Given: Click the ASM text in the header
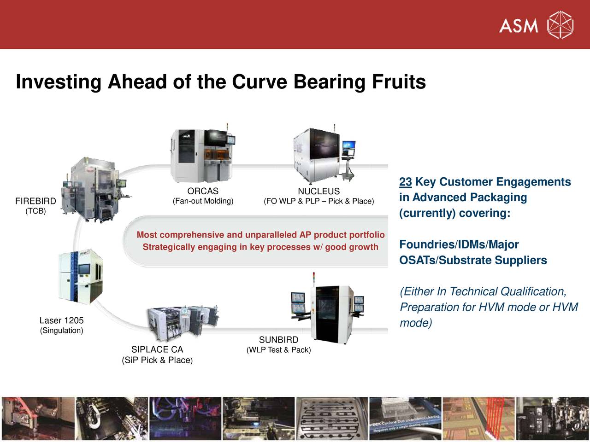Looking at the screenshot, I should click(x=519, y=25).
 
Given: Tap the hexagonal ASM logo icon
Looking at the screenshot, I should click(x=560, y=25).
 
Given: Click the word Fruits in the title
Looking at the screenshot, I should click(x=399, y=82).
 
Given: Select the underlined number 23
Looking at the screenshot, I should click(x=405, y=182).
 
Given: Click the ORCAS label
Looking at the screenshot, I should click(x=203, y=191).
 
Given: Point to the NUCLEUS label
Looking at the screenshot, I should click(x=319, y=191).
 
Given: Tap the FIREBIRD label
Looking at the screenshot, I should click(x=35, y=201).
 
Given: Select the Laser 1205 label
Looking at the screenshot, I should click(x=61, y=320).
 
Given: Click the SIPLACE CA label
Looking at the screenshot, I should click(x=157, y=349).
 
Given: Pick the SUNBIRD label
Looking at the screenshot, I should click(x=278, y=340).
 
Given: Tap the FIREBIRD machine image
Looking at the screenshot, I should click(x=94, y=189).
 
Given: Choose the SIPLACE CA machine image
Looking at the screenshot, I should click(x=182, y=320).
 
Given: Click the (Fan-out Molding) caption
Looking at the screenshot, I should click(x=203, y=201).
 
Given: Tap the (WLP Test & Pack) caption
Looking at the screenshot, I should click(x=278, y=350).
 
